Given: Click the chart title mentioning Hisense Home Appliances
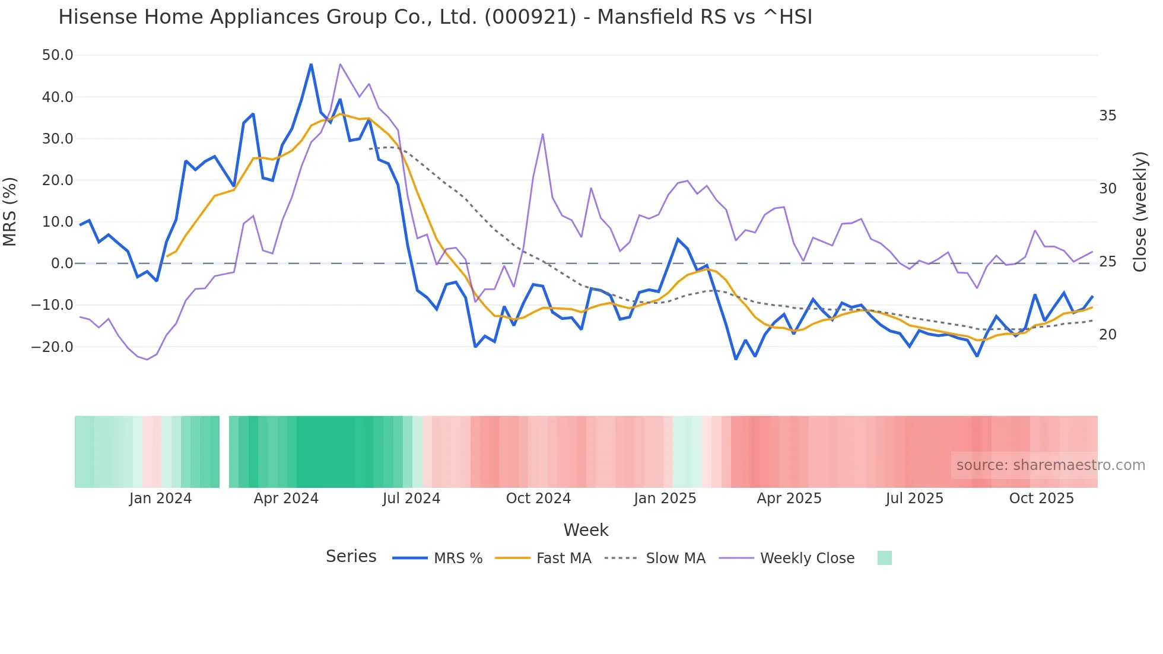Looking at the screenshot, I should point(435,17).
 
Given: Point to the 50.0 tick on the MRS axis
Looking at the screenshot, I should point(58,55).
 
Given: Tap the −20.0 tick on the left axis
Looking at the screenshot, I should point(52,347).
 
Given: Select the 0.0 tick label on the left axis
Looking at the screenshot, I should point(62,263).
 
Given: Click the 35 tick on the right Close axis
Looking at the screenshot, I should point(1107,116).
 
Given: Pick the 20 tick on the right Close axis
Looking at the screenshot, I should point(1107,335).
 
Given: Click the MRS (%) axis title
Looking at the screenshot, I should point(10,212).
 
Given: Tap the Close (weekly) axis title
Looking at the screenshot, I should point(1139,212).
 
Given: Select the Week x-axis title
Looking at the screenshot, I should point(586,530).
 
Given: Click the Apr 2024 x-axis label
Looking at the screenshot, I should point(286,499).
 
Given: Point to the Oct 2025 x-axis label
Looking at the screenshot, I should point(1041,499).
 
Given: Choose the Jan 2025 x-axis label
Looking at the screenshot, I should point(665,499).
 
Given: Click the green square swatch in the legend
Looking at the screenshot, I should point(884,558).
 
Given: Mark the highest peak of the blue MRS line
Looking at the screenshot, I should point(311,64).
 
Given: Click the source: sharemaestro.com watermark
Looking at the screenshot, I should point(1050,465).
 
